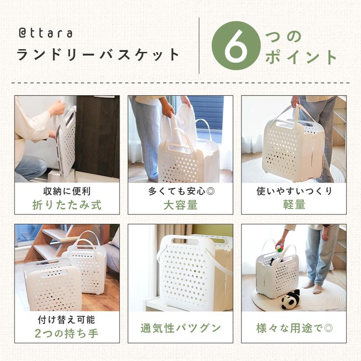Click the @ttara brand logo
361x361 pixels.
(46, 33)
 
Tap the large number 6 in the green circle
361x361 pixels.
(236, 46)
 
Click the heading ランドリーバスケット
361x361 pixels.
(98, 55)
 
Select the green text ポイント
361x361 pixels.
(301, 57)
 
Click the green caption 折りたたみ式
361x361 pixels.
(67, 205)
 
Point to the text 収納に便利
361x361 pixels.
(67, 191)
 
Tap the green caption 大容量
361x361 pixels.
(180, 205)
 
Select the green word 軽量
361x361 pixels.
(294, 204)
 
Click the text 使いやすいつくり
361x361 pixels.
(294, 191)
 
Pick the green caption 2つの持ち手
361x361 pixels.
(66, 333)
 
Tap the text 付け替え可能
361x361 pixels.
(66, 320)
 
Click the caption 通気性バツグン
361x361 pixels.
(180, 328)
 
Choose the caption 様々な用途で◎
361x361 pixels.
(294, 328)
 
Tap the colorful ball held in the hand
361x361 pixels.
(280, 248)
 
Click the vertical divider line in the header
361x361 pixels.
(199, 46)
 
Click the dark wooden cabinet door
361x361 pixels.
(97, 136)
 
